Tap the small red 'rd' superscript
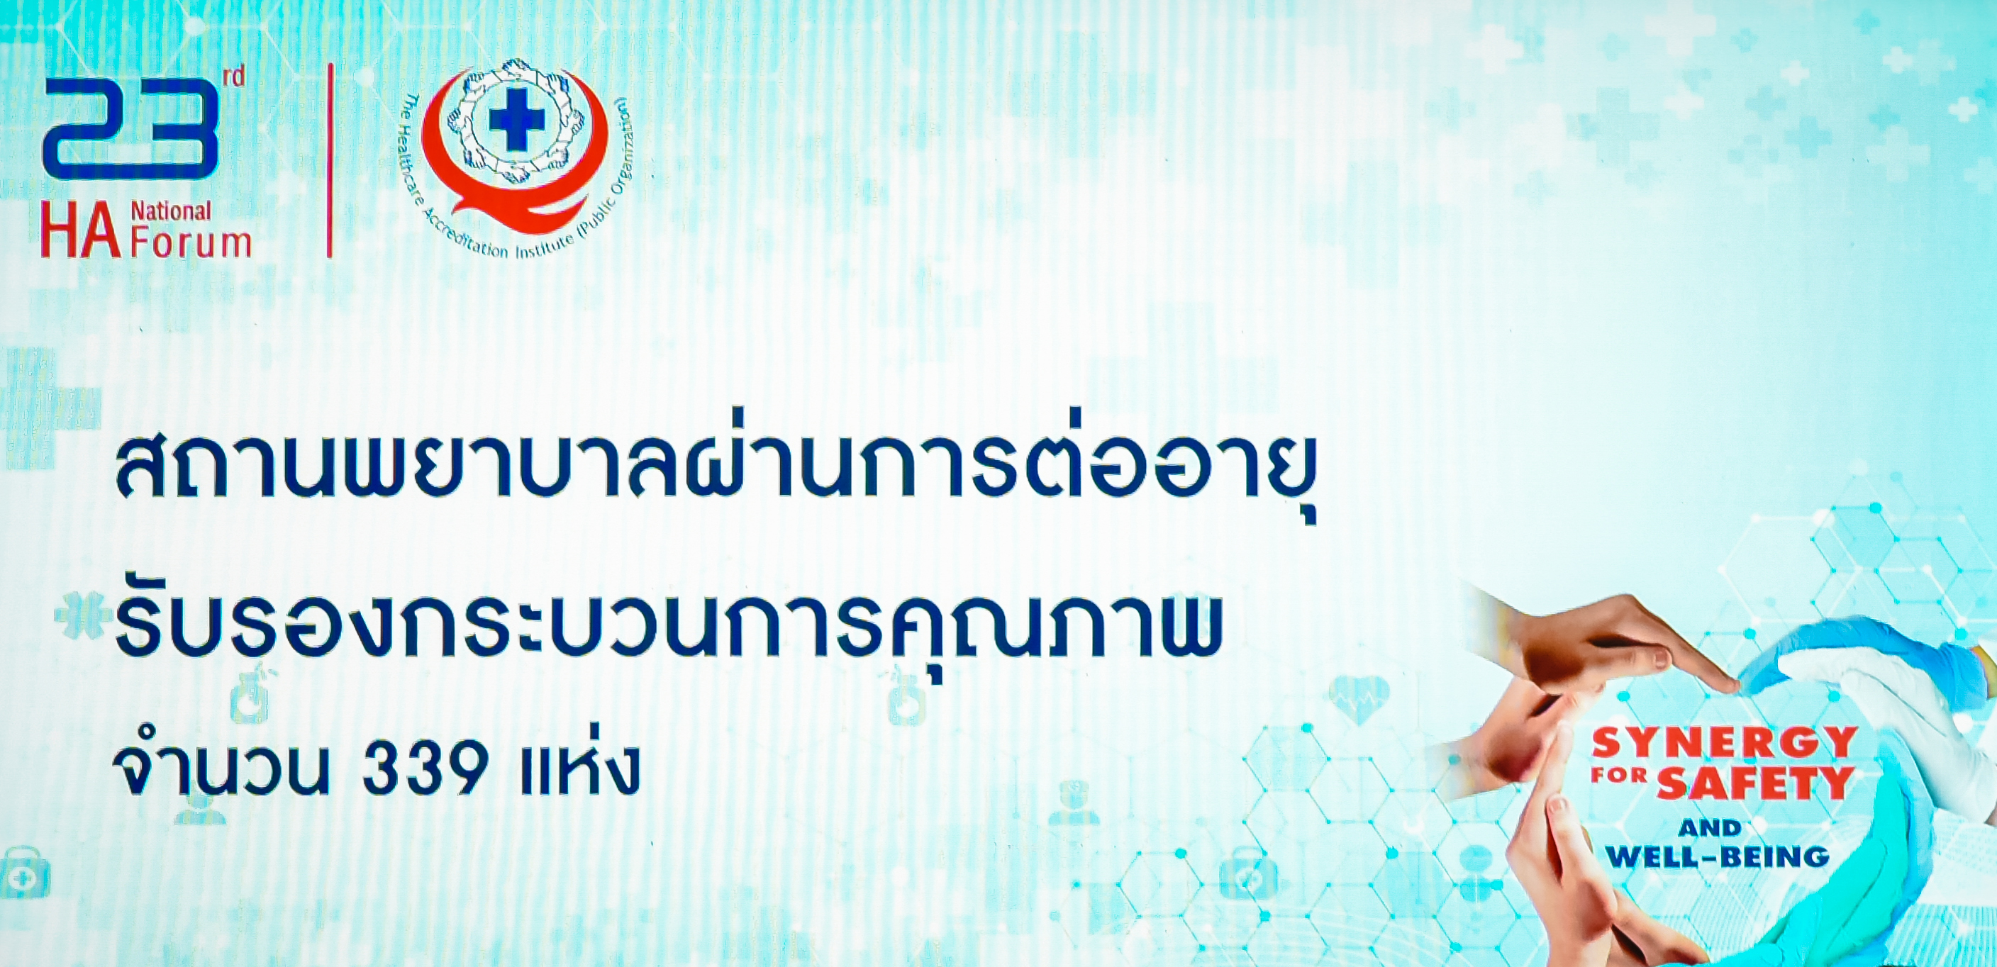point(233,76)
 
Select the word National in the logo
point(170,211)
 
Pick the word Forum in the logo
point(191,243)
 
